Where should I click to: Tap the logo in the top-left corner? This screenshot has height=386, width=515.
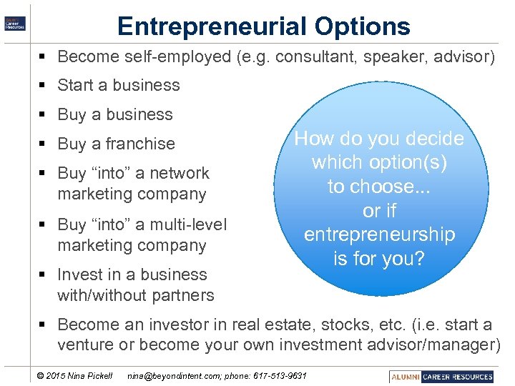[x=14, y=22]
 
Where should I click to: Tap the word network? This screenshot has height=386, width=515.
[x=179, y=173]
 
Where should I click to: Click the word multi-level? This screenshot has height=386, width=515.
[x=185, y=224]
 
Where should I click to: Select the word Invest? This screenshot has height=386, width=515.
[x=79, y=274]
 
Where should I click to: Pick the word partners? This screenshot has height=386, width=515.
[x=181, y=295]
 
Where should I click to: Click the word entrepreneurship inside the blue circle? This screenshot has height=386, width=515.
[x=379, y=234]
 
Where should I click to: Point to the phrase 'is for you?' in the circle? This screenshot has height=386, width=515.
[x=379, y=258]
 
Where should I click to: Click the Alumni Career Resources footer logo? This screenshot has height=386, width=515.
[x=441, y=376]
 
